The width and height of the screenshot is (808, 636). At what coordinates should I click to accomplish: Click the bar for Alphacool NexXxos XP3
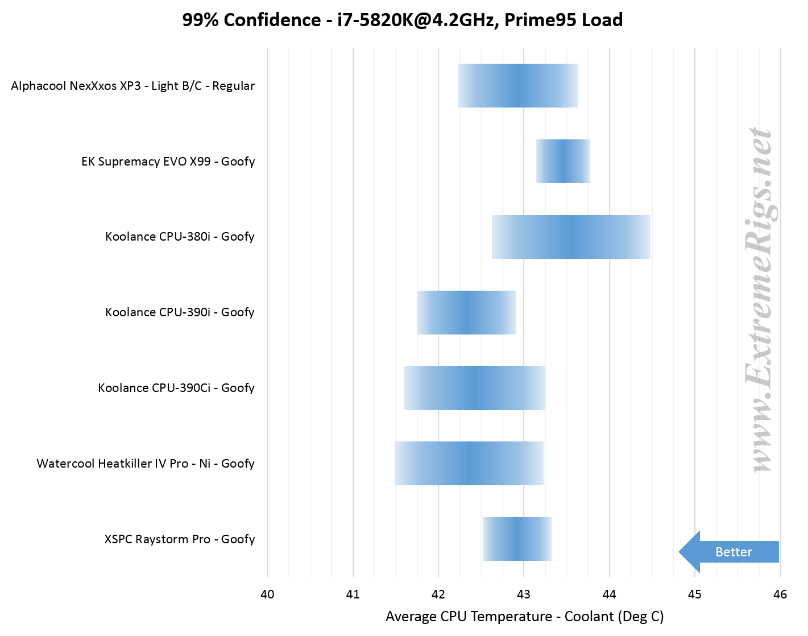(x=517, y=85)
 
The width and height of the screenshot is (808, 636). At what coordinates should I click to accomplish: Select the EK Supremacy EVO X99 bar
(x=563, y=161)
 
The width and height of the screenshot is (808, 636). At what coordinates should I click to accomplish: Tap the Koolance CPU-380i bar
(x=571, y=237)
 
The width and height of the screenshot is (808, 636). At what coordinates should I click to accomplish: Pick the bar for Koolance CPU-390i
(x=466, y=312)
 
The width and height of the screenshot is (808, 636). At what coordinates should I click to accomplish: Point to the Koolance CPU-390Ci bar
(x=474, y=388)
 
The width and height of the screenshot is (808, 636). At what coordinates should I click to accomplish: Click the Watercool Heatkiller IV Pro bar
(x=469, y=463)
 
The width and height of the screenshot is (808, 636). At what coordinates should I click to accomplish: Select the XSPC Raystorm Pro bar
(x=517, y=539)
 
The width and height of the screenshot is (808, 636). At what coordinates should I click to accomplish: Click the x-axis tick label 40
(x=267, y=594)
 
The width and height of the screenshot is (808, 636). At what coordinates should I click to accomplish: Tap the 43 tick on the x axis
(x=524, y=594)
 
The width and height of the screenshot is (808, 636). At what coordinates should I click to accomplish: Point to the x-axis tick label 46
(x=780, y=594)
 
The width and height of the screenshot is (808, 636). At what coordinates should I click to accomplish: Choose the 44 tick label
(x=609, y=594)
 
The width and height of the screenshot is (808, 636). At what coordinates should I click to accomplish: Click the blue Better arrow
(x=730, y=552)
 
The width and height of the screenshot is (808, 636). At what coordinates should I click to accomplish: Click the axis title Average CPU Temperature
(x=524, y=617)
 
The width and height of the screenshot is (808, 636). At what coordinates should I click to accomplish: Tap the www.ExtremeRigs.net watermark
(x=760, y=300)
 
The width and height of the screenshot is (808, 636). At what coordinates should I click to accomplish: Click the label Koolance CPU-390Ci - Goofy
(x=176, y=388)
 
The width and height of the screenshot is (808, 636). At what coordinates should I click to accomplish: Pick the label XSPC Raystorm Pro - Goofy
(x=180, y=539)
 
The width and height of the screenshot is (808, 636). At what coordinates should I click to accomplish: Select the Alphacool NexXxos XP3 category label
(x=133, y=86)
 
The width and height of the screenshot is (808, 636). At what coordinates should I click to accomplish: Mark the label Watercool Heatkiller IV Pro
(x=146, y=464)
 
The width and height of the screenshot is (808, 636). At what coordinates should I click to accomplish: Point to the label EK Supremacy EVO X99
(x=168, y=162)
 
